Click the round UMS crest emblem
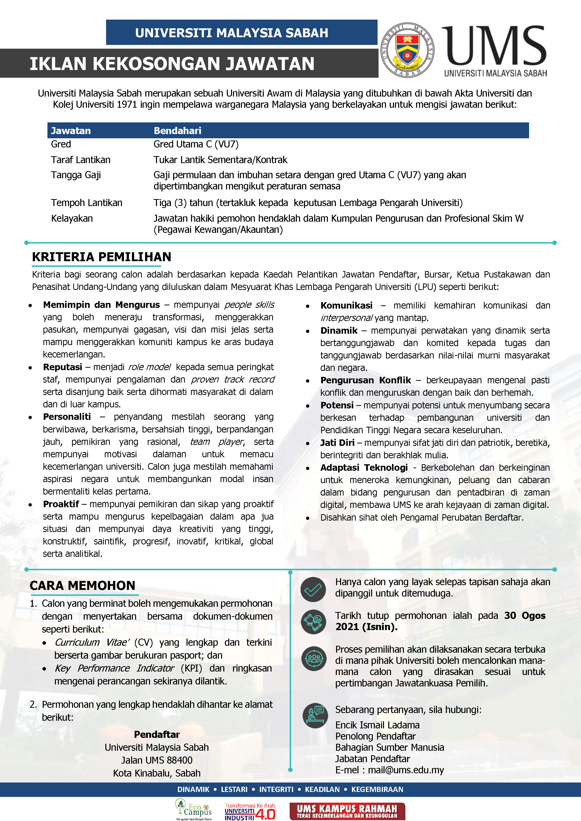pos(407,50)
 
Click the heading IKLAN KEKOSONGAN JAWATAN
pos(172,64)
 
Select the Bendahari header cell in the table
pos(177,131)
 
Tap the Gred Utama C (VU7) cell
pos(196,144)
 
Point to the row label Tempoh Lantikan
pos(87,203)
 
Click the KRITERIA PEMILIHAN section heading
pos(102,257)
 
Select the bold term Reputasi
pos(63,367)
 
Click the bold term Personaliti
pos(67,417)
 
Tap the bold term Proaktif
pos(61,504)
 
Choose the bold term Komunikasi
pos(346,305)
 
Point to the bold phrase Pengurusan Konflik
pos(365,380)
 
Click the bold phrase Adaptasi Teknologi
pos(364,467)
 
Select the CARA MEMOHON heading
pos(83,585)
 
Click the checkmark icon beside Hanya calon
pos(313,589)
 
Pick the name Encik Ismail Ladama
pos(377,725)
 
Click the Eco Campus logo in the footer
pos(193,809)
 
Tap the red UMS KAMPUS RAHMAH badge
pos(347,811)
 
